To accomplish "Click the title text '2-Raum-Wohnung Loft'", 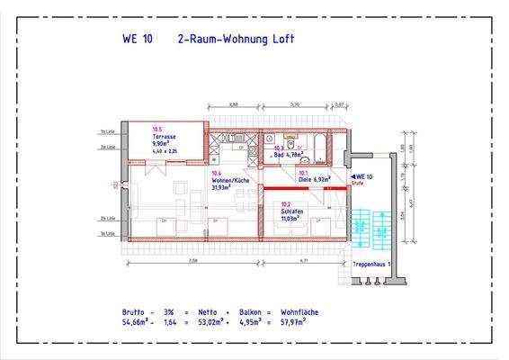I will click(237, 39).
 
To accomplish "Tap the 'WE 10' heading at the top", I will click(138, 39).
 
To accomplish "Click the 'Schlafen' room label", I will click(291, 213).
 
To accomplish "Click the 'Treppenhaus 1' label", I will click(371, 265).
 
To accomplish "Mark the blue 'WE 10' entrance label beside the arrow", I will click(363, 176).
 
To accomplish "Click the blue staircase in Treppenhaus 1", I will click(362, 228).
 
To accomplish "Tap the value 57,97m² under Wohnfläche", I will click(299, 319).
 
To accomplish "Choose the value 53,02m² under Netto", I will click(210, 319).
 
